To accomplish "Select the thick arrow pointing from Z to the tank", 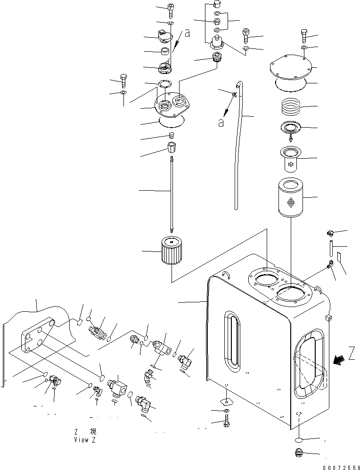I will pos(337,360).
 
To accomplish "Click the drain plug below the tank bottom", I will pos(299,454).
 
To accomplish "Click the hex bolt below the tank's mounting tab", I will pos(227,421).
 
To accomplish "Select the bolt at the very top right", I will pos(304,35).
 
